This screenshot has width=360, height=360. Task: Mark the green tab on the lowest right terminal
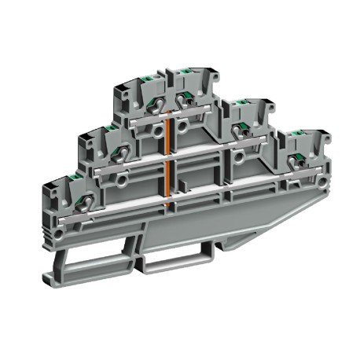click(296, 138)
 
